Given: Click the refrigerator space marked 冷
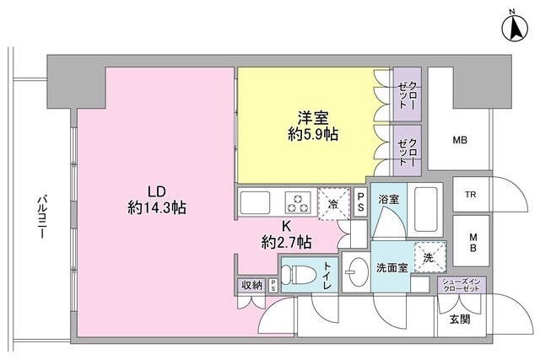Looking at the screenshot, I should [x=332, y=203].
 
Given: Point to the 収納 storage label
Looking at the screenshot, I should [x=251, y=285].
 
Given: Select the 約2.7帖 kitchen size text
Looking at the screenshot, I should [x=286, y=243].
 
